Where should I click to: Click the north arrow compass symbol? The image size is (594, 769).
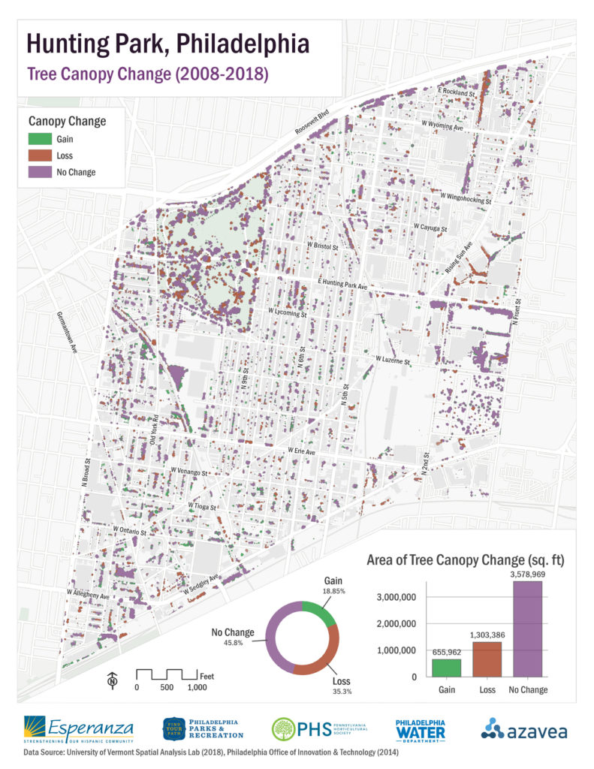[x=112, y=680]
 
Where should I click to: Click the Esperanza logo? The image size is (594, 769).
[x=79, y=728]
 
